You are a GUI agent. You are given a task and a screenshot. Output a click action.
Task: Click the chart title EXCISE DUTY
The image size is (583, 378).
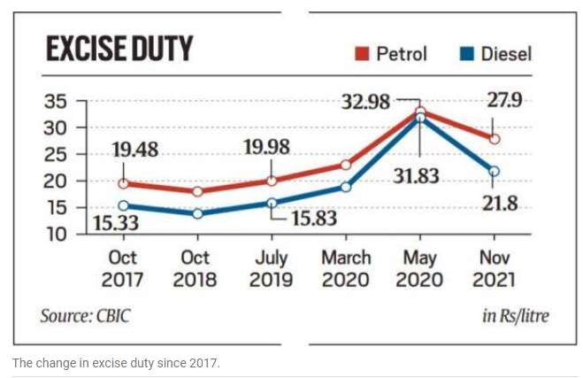119,50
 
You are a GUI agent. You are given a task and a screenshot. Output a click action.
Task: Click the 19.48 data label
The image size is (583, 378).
135,150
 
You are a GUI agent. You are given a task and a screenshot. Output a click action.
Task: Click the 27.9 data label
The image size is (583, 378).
503,99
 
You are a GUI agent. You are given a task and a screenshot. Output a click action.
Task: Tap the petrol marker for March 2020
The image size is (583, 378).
346,165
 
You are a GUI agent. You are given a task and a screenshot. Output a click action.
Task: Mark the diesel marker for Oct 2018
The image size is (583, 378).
196,214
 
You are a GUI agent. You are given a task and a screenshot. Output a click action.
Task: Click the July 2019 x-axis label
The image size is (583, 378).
271,267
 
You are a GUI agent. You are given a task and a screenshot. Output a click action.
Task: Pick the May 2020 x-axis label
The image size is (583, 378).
420,267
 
